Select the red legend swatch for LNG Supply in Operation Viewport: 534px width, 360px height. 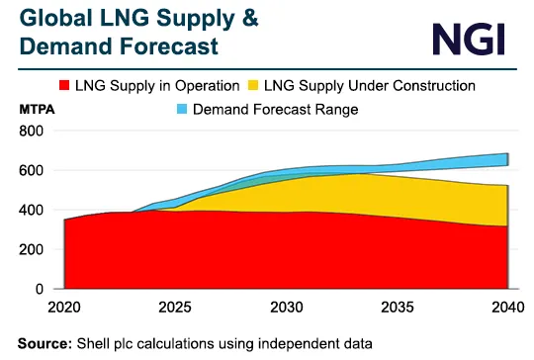pos(97,86)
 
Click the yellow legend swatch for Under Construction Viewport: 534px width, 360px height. pos(279,86)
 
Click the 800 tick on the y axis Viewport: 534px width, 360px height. pos(32,132)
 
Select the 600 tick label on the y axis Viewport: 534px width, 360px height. pos(32,171)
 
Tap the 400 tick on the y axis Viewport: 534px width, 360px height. pos(32,211)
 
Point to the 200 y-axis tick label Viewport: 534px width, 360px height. pos(32,250)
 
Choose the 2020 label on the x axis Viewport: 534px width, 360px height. pos(64,308)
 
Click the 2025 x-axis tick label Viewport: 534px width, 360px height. pos(175,308)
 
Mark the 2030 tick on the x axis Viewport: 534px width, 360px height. pos(286,308)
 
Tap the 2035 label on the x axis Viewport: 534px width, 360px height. pos(397,308)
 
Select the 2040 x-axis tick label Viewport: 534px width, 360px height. pos(505,308)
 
